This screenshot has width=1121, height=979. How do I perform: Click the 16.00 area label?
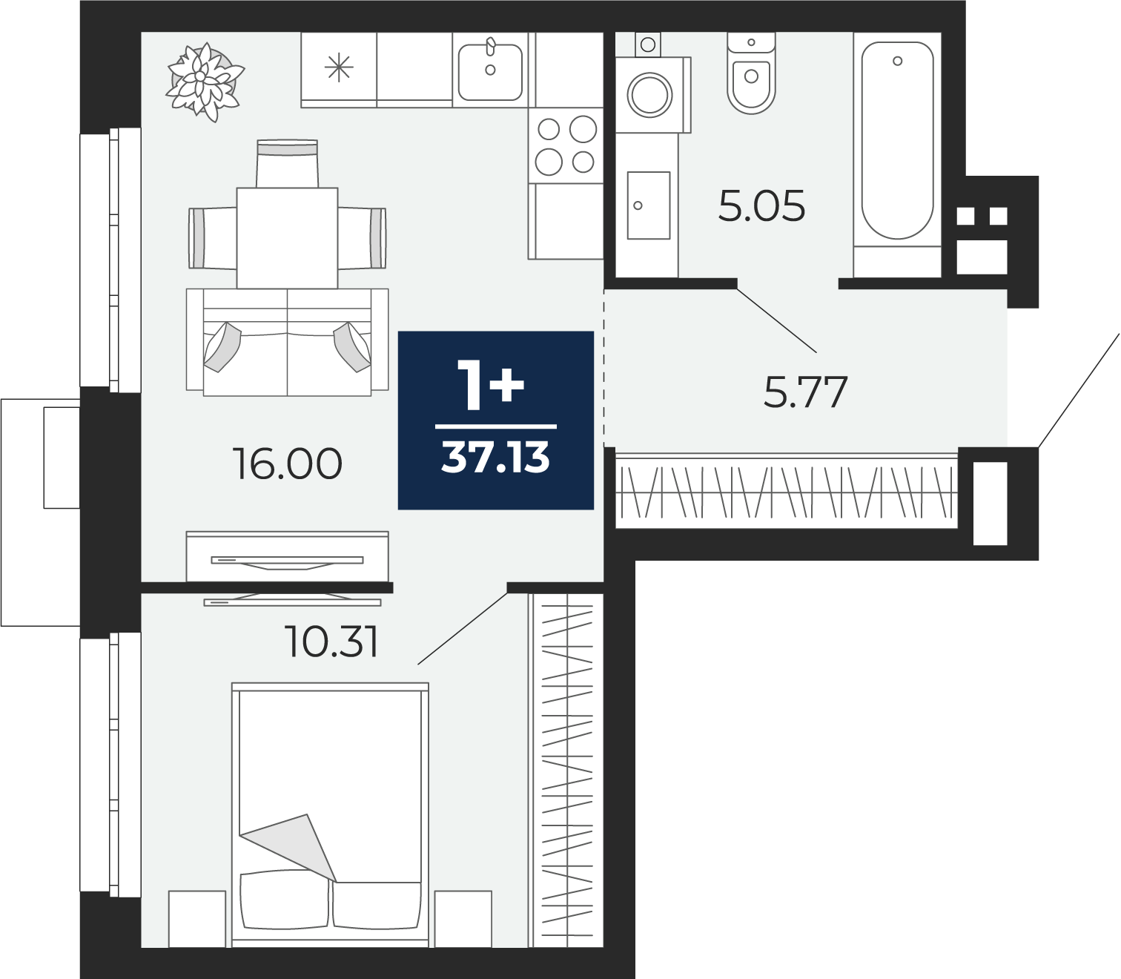[x=287, y=464]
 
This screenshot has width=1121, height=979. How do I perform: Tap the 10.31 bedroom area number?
[x=331, y=642]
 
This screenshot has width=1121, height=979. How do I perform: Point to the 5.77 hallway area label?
[x=805, y=392]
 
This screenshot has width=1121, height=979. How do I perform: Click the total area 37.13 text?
[x=495, y=458]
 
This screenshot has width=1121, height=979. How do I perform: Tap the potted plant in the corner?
[x=205, y=82]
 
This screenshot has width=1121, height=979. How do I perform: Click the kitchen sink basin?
[x=490, y=73]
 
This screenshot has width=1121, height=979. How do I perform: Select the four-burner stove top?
[x=566, y=146]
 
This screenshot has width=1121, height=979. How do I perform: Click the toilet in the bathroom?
[x=751, y=73]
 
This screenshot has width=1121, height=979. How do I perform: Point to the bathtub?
[x=897, y=141]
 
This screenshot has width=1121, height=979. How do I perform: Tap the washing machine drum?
[x=649, y=95]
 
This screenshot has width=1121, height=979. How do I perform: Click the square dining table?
[x=287, y=238]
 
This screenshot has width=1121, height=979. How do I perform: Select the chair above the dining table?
[x=287, y=163]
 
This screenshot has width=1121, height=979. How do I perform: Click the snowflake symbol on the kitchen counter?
[x=339, y=67]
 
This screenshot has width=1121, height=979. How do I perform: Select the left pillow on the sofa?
[x=222, y=347]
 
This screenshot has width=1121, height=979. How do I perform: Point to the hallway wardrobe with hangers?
[x=786, y=491]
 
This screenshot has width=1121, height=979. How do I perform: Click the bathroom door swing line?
[x=776, y=320]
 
